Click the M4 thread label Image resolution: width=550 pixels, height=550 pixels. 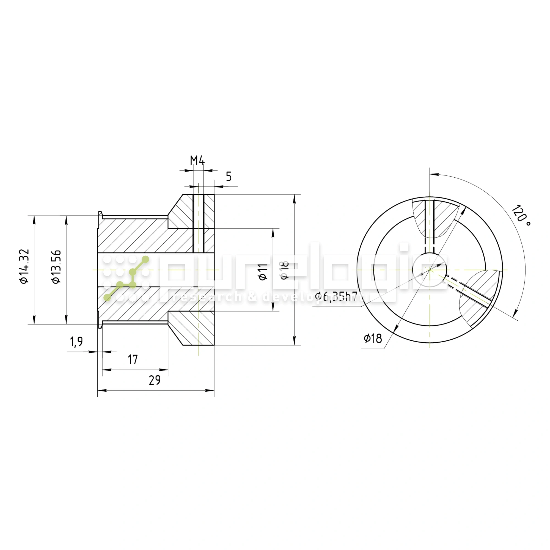[197, 161]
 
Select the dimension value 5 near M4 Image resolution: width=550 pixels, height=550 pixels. [229, 177]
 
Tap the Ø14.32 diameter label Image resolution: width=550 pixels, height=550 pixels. [24, 266]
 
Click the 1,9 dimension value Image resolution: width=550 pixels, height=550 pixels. [76, 342]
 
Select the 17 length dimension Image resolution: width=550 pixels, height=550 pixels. [133, 360]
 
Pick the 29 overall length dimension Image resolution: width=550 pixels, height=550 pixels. [155, 380]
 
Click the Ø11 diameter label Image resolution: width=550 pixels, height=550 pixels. [263, 272]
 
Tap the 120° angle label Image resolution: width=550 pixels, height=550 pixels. [521, 215]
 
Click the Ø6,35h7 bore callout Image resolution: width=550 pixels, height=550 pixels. [336, 296]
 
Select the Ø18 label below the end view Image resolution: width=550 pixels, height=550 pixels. [373, 339]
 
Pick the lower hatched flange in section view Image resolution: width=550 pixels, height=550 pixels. [191, 327]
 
